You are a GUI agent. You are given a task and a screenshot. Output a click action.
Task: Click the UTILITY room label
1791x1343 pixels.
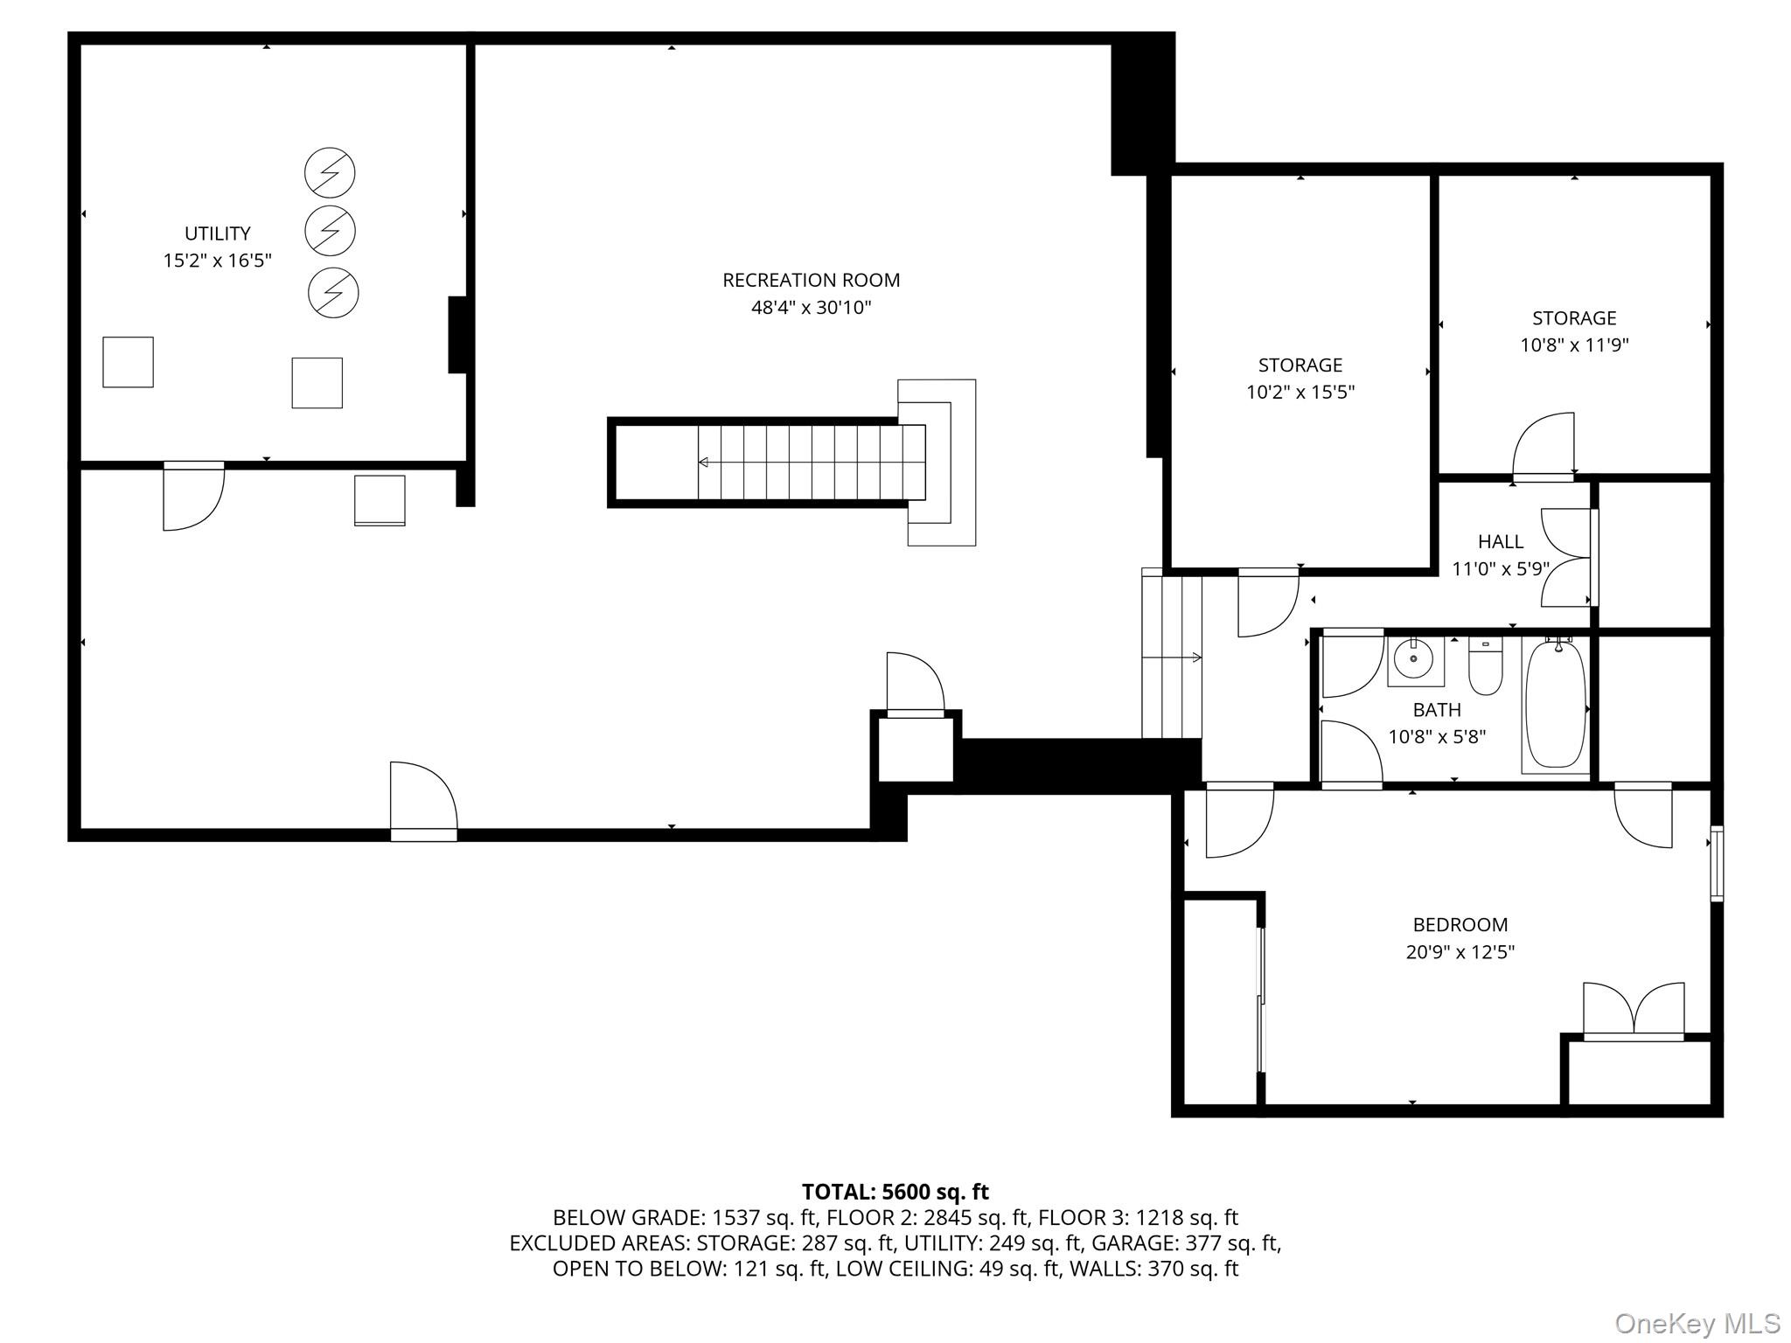tap(218, 233)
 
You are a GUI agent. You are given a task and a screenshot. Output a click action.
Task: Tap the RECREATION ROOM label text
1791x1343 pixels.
tap(811, 280)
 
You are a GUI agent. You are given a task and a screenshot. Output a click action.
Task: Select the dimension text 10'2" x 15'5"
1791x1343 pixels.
tap(1300, 392)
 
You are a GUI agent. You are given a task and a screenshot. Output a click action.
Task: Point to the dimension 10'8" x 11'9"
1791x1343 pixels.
tap(1574, 345)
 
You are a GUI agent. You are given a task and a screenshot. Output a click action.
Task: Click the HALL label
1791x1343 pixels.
tap(1501, 541)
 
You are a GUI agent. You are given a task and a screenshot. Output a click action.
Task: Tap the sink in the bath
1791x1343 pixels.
tap(1416, 662)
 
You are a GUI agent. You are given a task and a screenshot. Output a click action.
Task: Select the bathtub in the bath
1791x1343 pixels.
tap(1556, 705)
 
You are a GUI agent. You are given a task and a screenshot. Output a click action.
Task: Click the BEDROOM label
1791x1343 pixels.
tap(1460, 924)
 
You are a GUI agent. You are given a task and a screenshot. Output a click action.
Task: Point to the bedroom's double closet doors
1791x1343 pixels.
tap(1634, 1011)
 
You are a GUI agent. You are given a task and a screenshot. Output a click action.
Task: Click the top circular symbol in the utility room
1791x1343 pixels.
tap(330, 172)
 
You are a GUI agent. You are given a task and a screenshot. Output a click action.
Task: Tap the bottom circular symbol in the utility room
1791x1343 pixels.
tap(333, 292)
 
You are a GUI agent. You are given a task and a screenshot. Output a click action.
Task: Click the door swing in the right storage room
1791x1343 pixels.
tap(1544, 446)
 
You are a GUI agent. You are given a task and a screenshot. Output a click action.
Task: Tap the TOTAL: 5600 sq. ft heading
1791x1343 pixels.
tap(895, 1192)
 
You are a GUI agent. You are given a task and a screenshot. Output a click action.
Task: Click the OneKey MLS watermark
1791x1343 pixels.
tap(1697, 1323)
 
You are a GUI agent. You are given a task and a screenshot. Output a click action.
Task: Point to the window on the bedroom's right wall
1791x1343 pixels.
tap(1717, 863)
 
